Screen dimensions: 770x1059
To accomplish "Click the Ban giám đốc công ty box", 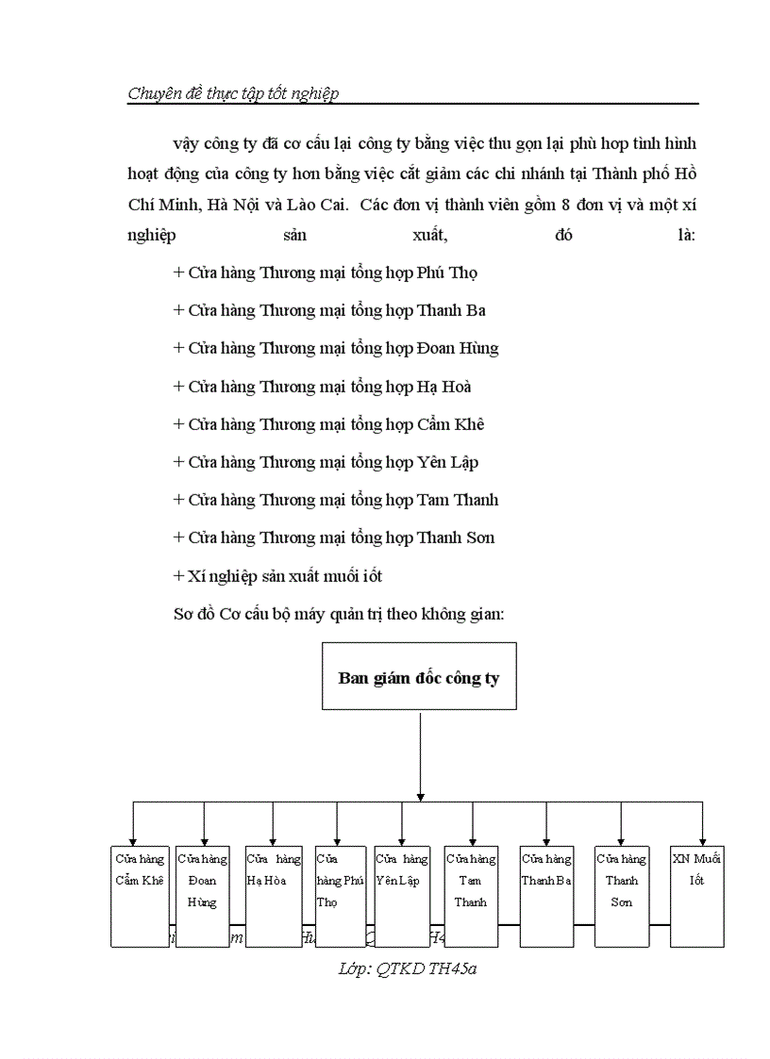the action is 419,676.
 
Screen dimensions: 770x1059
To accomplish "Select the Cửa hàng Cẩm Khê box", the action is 139,896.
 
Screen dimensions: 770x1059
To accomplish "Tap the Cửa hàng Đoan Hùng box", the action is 203,896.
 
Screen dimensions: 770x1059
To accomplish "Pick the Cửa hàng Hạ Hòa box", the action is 274,896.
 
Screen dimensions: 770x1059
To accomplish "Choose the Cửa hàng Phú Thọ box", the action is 340,896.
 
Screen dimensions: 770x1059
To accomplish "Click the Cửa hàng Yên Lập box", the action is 402,896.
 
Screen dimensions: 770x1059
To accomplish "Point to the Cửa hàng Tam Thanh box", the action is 471,896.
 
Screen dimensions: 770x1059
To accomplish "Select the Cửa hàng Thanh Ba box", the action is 546,896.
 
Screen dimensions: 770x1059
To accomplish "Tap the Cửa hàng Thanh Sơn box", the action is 621,896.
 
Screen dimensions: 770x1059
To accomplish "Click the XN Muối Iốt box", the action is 697,896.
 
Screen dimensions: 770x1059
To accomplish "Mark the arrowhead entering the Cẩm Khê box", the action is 133,840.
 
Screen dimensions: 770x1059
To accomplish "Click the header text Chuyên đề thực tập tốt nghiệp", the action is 232,92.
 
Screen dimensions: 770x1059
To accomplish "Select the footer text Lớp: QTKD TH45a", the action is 407,968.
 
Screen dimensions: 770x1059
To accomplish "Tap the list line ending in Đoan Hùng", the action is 336,348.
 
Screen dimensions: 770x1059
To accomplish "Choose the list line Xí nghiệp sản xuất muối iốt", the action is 277,575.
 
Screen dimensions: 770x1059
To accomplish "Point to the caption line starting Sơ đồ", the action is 340,613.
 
